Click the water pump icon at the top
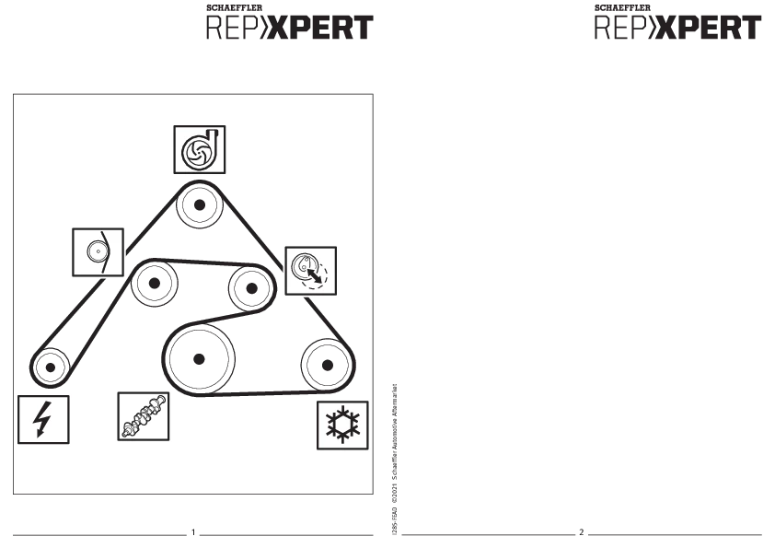pos(199,149)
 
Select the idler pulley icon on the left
pos(98,251)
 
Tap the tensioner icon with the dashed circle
pos(310,271)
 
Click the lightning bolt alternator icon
pos(43,419)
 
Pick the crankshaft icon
pos(144,416)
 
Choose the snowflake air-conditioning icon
pos(342,425)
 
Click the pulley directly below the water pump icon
pos(200,205)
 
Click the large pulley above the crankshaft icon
pos(197,359)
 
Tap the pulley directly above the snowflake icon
pos(326,365)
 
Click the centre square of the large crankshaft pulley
pos(198,360)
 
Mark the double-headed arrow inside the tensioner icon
pos(315,274)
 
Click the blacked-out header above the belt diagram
pos(288,27)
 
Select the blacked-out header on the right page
pos(675,27)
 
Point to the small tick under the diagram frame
pos(194,527)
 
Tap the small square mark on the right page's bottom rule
pos(581,528)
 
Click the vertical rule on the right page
pos(394,456)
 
